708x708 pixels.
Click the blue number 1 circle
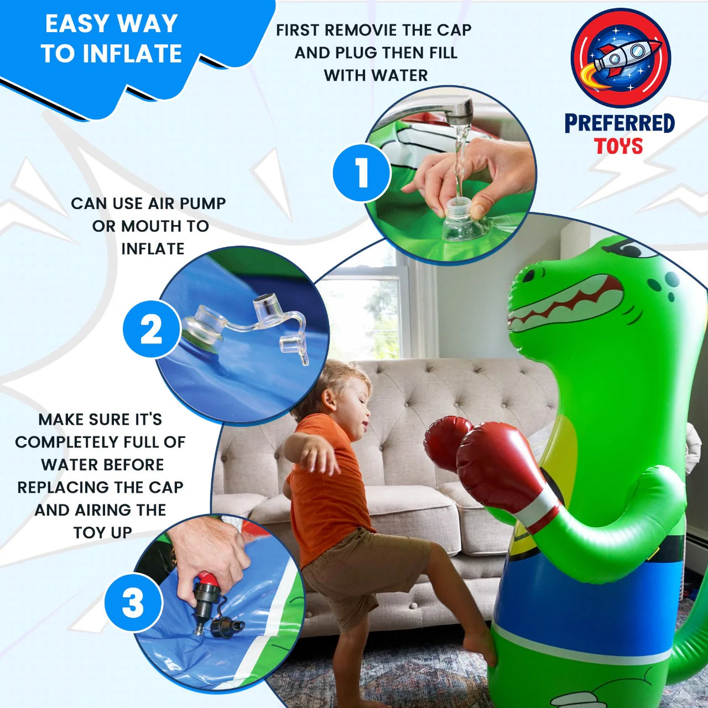362,173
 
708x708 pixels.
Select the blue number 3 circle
133,602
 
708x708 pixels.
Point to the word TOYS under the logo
618,147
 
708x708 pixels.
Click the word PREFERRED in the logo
619,123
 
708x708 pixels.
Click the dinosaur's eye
636,249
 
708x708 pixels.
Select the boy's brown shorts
360,570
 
